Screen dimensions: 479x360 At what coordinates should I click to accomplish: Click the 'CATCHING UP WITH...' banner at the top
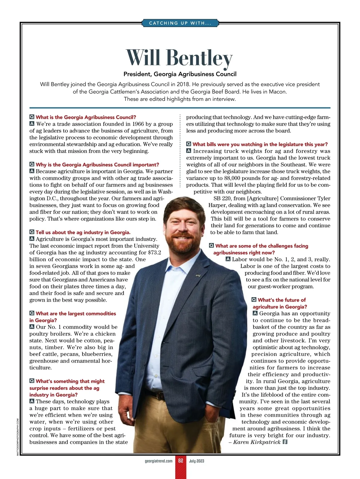[180, 23]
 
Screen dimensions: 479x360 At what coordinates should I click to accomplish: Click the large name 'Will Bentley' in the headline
[179, 58]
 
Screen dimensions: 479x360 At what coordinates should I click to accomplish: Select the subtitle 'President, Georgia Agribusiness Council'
[180, 74]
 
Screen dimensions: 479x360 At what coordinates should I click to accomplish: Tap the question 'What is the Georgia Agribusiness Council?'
[86, 117]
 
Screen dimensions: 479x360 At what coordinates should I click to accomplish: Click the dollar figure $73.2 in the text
[154, 253]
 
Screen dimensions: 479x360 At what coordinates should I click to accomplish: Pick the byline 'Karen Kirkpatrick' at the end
[257, 442]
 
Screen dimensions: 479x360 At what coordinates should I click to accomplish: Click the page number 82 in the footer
[180, 461]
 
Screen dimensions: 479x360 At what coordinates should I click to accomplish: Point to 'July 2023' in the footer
[196, 461]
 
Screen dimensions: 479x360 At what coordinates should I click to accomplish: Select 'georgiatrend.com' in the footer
[158, 461]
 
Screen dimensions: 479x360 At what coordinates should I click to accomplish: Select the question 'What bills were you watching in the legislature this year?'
[260, 144]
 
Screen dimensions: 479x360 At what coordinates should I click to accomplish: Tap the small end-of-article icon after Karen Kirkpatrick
[285, 442]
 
